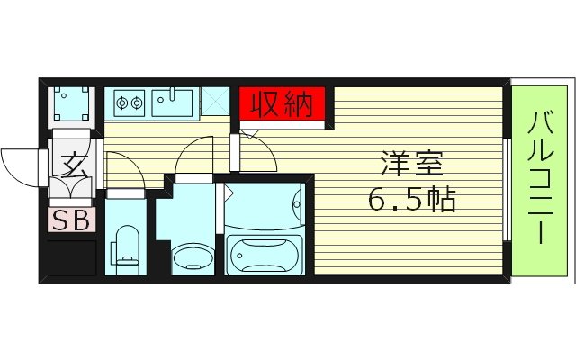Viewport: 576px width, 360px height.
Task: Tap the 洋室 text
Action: [x=413, y=165]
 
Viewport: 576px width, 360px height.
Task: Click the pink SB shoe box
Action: [x=69, y=220]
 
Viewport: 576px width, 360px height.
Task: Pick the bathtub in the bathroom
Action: [x=265, y=256]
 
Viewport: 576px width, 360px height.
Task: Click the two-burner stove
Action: [x=130, y=102]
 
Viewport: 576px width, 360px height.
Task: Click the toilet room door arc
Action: [x=123, y=170]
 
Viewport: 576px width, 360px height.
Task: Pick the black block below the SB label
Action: [x=71, y=256]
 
